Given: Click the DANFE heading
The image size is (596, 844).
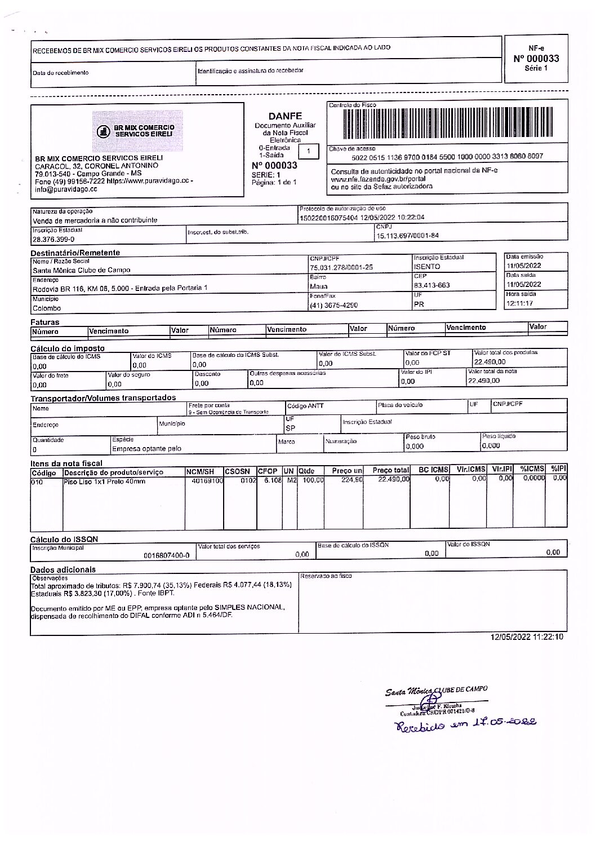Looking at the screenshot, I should pyautogui.click(x=285, y=116).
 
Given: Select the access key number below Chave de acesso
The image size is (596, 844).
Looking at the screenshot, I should pyautogui.click(x=447, y=156).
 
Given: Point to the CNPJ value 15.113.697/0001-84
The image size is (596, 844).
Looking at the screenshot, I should pyautogui.click(x=407, y=236).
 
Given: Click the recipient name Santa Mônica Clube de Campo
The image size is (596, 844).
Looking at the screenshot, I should pyautogui.click(x=82, y=270).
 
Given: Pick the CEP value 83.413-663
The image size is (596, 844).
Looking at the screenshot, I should pyautogui.click(x=432, y=285).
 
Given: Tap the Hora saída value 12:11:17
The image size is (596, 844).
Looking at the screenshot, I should pyautogui.click(x=520, y=303).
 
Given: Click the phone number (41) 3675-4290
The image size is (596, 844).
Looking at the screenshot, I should pyautogui.click(x=333, y=306).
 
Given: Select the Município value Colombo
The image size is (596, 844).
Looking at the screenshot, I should pyautogui.click(x=47, y=308).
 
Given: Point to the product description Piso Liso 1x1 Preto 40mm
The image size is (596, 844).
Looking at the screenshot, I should pyautogui.click(x=105, y=481).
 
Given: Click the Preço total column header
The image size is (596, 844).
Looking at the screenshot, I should pyautogui.click(x=390, y=470).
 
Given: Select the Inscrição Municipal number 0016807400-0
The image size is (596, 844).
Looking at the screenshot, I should pyautogui.click(x=167, y=555).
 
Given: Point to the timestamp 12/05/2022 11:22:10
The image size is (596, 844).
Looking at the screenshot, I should pyautogui.click(x=527, y=637).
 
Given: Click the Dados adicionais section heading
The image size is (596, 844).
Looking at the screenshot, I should pyautogui.click(x=63, y=569).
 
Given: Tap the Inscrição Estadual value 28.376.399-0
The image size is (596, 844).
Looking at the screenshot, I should pyautogui.click(x=54, y=239).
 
